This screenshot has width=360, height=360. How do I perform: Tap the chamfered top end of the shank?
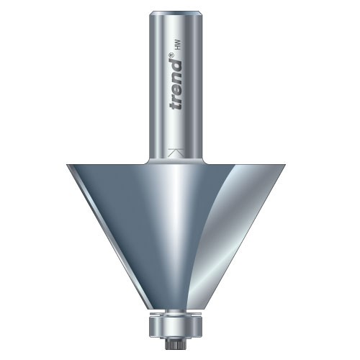176,10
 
